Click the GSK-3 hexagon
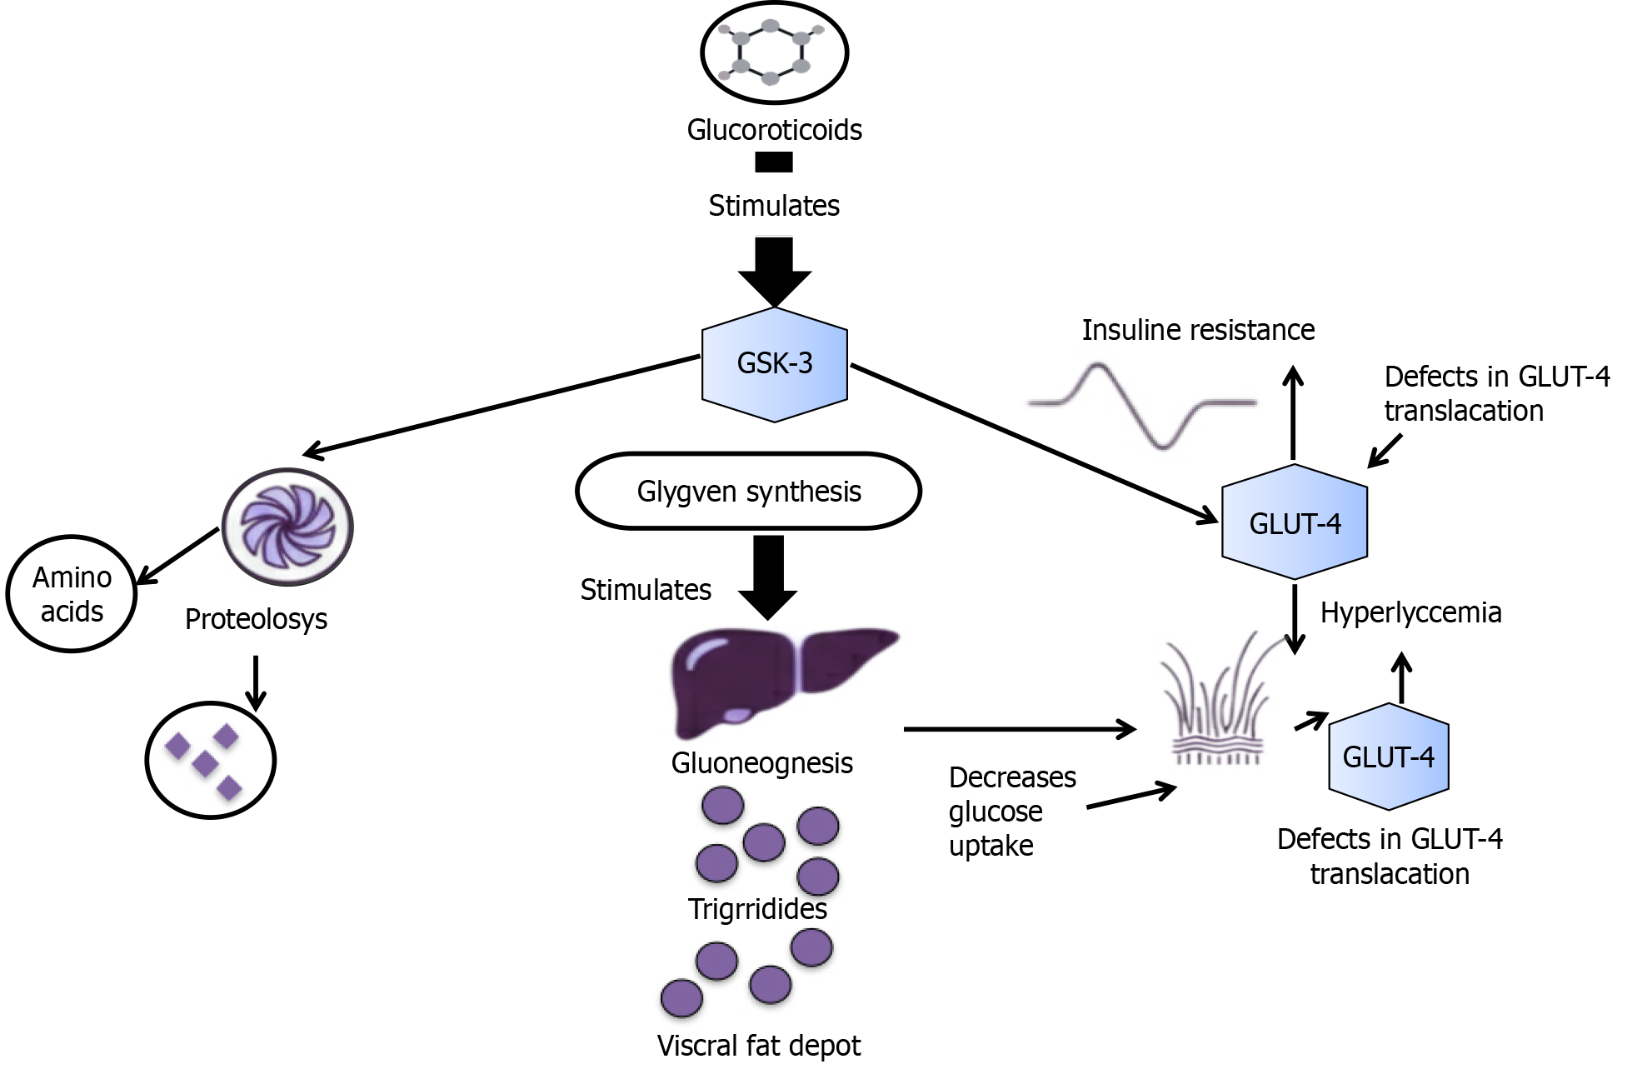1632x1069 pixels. pos(774,364)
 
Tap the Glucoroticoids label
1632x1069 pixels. pos(774,130)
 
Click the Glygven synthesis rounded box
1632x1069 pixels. pos(748,492)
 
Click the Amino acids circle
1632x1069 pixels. pos(72,594)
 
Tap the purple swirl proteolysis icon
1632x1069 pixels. pos(287,527)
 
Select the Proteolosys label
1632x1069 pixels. pos(256,619)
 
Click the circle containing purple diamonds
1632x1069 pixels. pos(210,760)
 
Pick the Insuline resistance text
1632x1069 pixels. pos(1198,330)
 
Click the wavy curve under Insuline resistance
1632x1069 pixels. pos(1142,405)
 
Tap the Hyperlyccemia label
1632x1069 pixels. pos(1410,612)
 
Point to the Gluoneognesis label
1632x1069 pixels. pos(761,762)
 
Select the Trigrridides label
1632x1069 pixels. pos(757,908)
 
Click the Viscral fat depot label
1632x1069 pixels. pos(759,1045)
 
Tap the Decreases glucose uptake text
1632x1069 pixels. pos(1011,812)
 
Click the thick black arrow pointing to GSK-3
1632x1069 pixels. pos(774,272)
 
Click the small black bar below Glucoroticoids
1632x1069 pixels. pos(773,162)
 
